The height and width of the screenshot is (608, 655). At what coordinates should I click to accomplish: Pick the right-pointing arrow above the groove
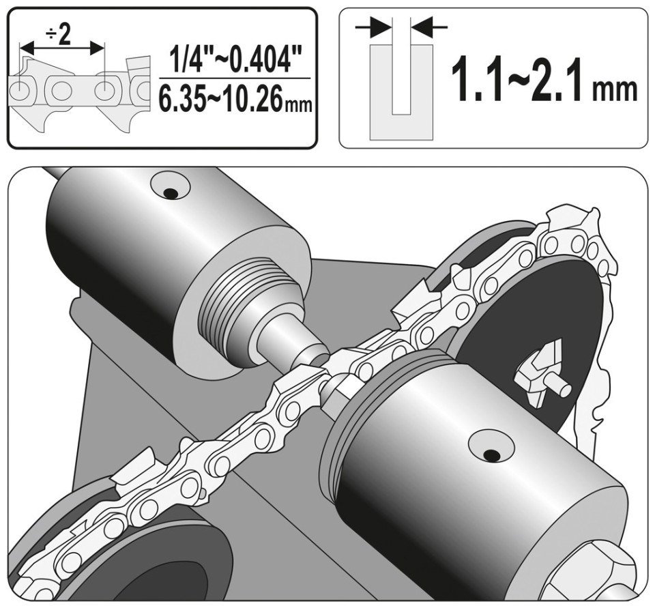click(x=373, y=27)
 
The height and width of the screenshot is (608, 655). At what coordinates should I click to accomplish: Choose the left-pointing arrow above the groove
click(x=429, y=27)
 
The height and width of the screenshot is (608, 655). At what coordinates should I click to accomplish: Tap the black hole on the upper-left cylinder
click(x=169, y=192)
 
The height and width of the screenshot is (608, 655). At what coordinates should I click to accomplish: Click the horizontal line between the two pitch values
click(x=235, y=78)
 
